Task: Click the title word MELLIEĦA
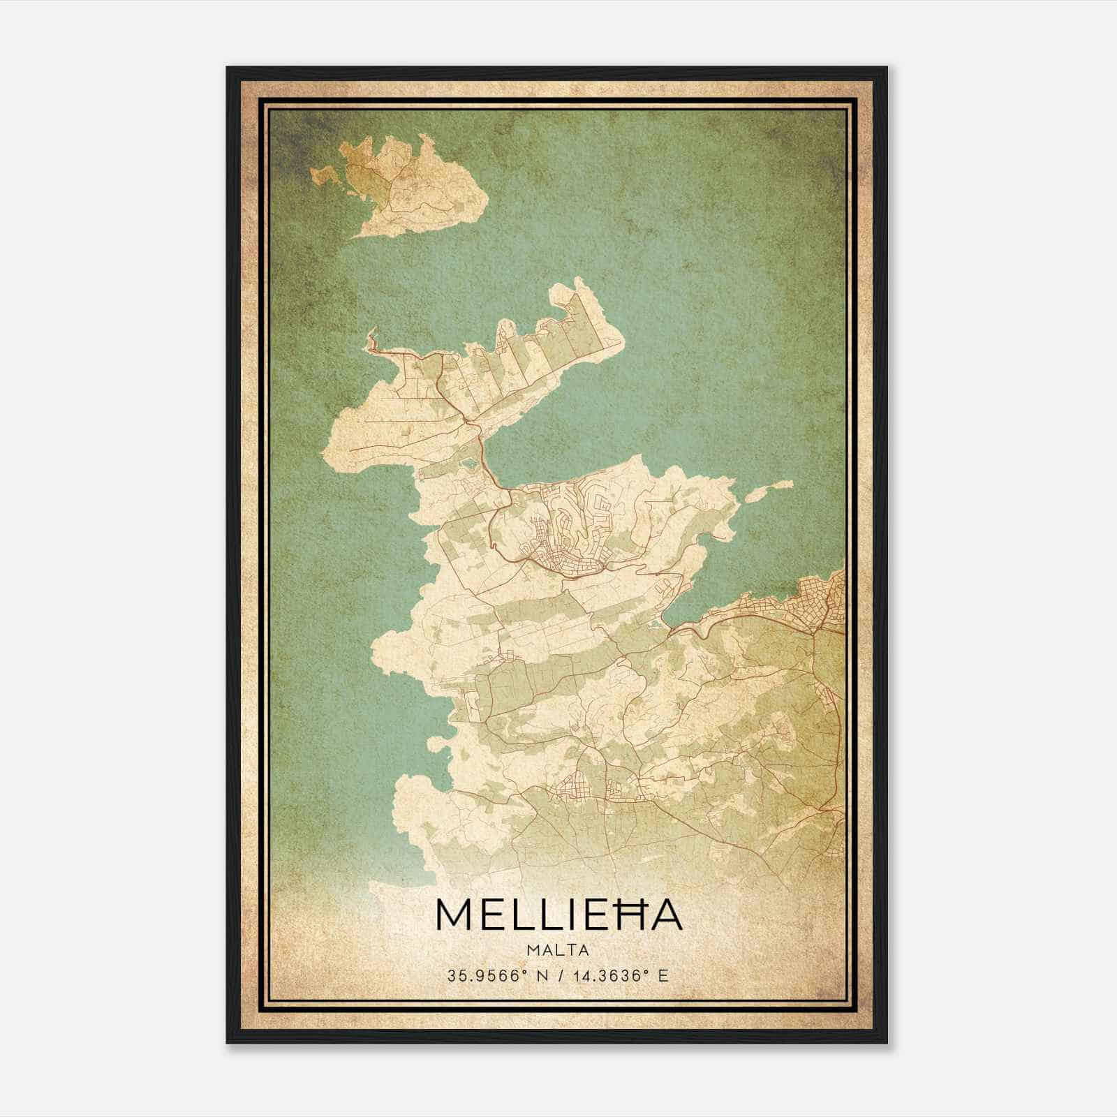(x=558, y=914)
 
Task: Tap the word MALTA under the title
(x=558, y=950)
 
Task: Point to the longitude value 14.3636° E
(x=619, y=975)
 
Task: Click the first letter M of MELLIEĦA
(x=454, y=914)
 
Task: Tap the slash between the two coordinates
(x=558, y=975)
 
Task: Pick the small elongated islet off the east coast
(x=768, y=489)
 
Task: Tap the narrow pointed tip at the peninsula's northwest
(x=369, y=338)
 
